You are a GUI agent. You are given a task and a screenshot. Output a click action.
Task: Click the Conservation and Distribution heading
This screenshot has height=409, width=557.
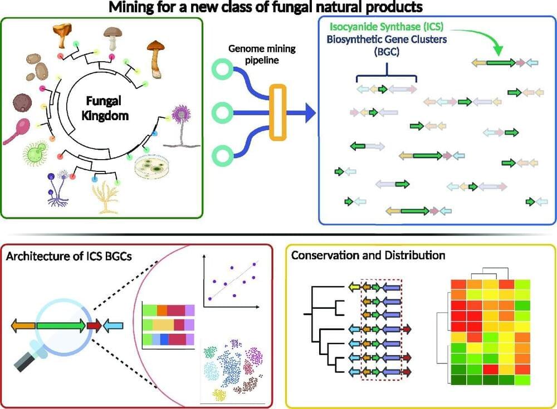(x=368, y=255)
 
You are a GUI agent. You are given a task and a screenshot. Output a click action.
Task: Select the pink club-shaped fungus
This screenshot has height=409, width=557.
(x=18, y=131)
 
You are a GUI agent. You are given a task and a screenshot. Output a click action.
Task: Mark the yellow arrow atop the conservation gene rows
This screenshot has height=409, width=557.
(x=355, y=287)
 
